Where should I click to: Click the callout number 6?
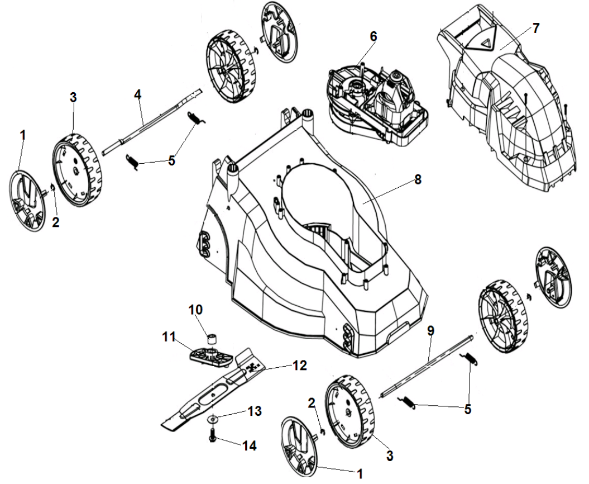(x=373, y=36)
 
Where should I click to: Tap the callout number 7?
(x=536, y=29)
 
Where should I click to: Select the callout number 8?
(x=418, y=180)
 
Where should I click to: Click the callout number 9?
(x=430, y=330)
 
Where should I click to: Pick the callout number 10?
(x=198, y=309)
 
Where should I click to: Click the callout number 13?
(x=254, y=412)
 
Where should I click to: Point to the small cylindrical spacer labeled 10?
(x=212, y=338)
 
